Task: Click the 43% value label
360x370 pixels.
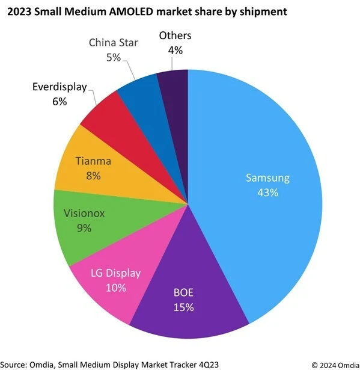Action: tap(267, 193)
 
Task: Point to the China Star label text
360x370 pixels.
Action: tap(113, 43)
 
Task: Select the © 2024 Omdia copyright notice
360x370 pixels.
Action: tap(333, 363)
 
